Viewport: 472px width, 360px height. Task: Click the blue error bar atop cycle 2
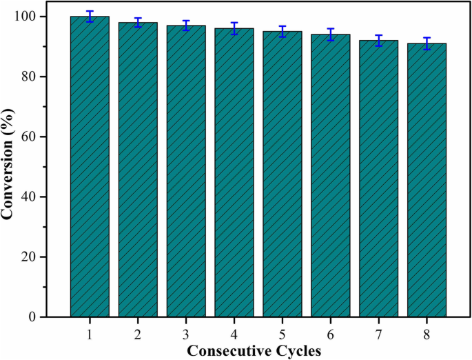click(x=138, y=22)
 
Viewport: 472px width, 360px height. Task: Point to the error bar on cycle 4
click(x=234, y=28)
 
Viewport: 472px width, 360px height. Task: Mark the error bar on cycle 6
click(x=330, y=34)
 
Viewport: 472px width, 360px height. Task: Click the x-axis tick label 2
click(x=138, y=334)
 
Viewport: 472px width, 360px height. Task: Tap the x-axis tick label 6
click(x=330, y=334)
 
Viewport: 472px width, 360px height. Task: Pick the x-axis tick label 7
click(x=378, y=334)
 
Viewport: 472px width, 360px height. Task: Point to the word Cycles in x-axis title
click(x=300, y=350)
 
